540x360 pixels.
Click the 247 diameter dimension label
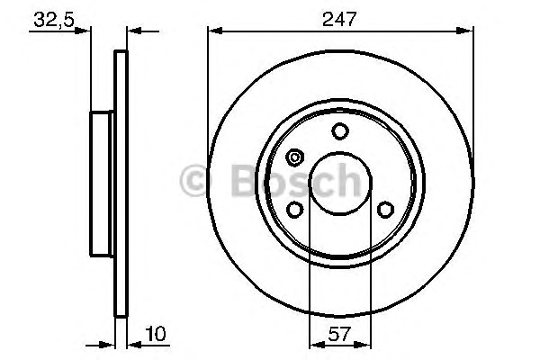[339, 19]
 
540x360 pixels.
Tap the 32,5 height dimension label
[54, 20]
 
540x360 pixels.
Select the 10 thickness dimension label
[156, 334]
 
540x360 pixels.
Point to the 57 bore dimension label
[339, 334]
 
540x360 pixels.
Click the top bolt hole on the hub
[340, 131]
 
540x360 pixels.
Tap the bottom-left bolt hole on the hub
[295, 210]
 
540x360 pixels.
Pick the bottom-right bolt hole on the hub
[386, 210]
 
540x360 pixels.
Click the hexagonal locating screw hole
[295, 157]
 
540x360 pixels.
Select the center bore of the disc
[340, 184]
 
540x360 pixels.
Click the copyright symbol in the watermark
[196, 180]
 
